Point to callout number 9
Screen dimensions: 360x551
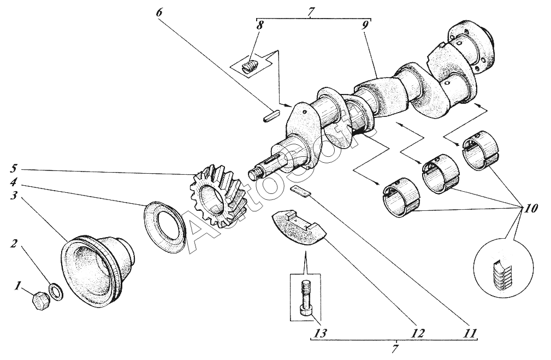coord(365,25)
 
